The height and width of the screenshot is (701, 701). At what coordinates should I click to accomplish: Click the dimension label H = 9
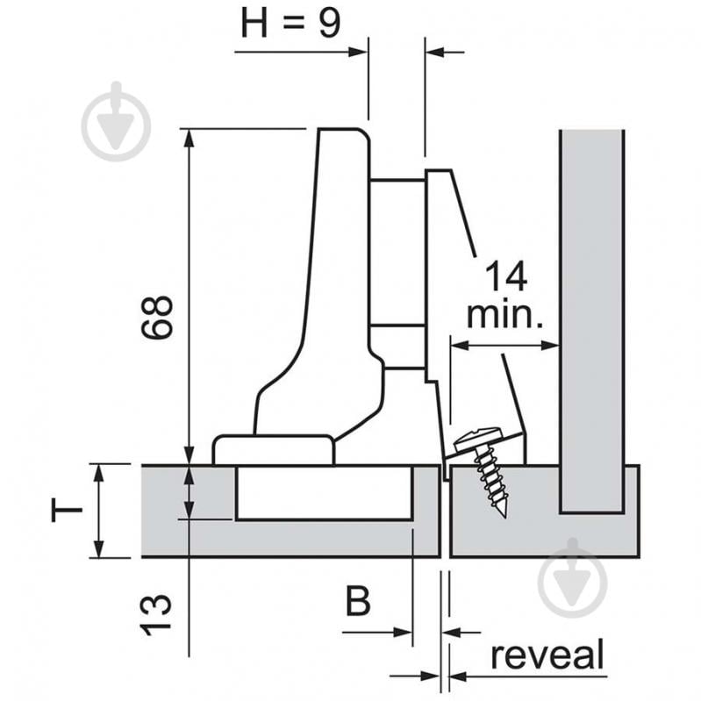tap(290, 24)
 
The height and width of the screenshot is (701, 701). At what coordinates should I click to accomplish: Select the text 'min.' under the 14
tap(504, 313)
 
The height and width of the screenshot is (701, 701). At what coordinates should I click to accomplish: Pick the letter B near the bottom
tap(358, 603)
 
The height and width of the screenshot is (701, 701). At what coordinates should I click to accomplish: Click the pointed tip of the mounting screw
tap(504, 514)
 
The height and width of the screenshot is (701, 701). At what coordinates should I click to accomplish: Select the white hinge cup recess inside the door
tap(325, 492)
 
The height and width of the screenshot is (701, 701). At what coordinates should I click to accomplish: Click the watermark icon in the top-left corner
tap(116, 123)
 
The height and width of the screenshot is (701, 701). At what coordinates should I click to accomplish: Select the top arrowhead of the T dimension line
tap(99, 471)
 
